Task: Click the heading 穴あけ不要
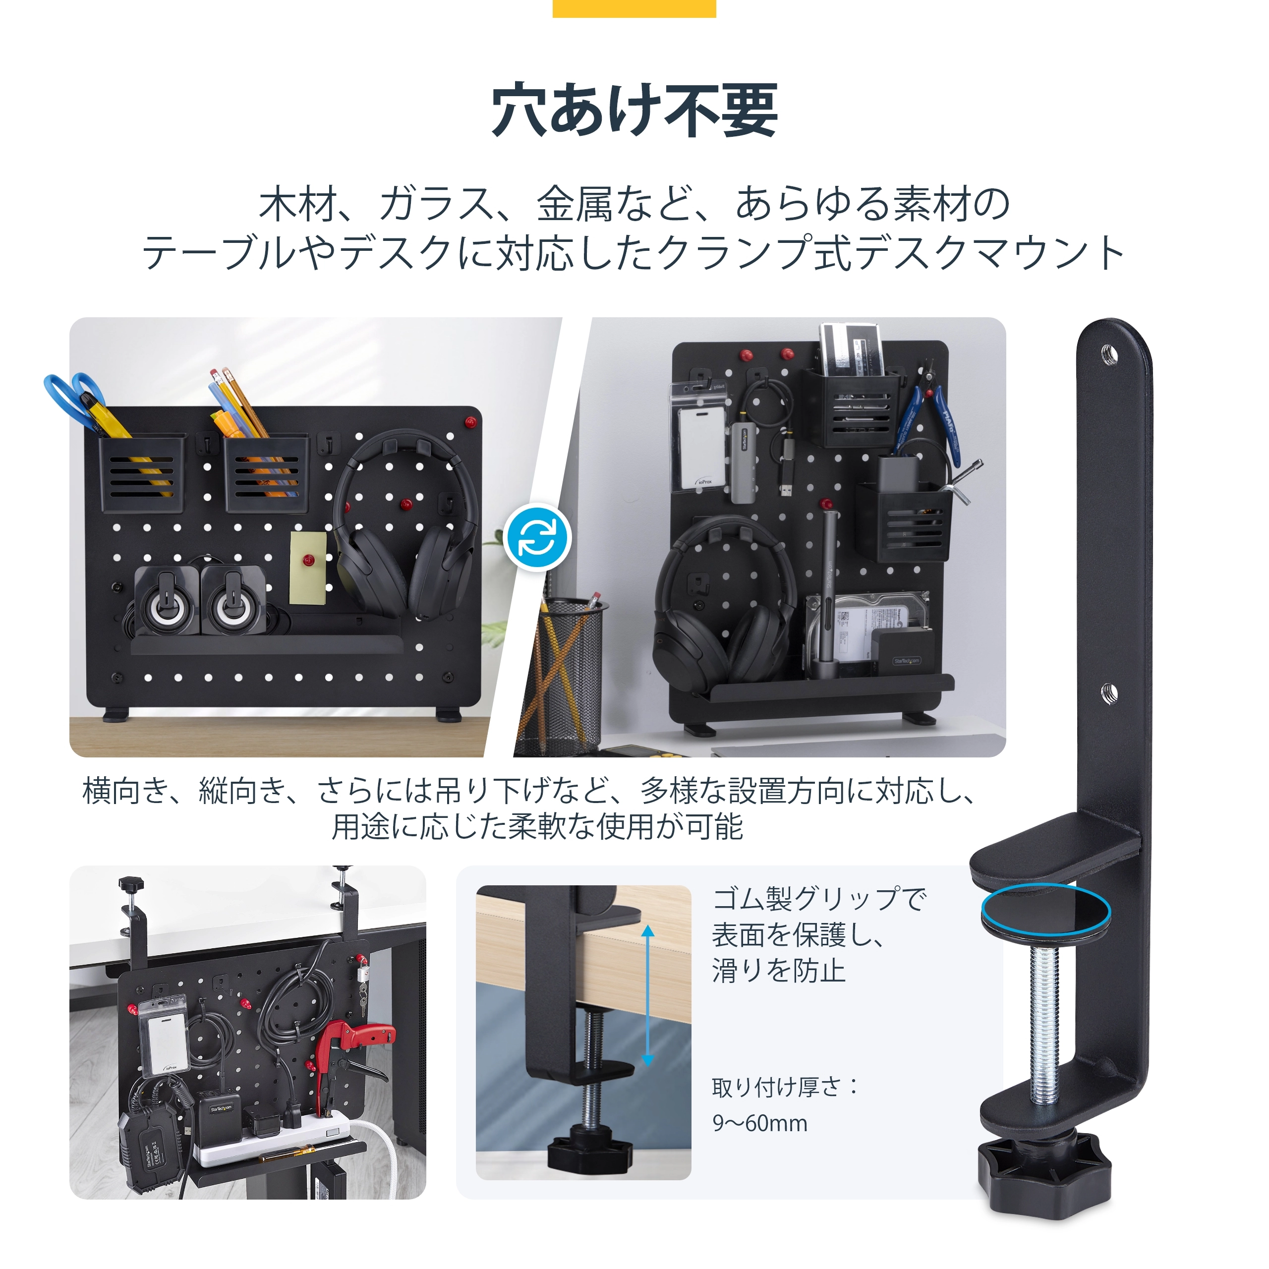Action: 634,111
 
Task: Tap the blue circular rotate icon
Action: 538,537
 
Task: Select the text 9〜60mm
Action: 760,1123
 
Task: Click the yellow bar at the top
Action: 634,8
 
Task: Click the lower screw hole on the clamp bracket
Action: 1109,692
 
